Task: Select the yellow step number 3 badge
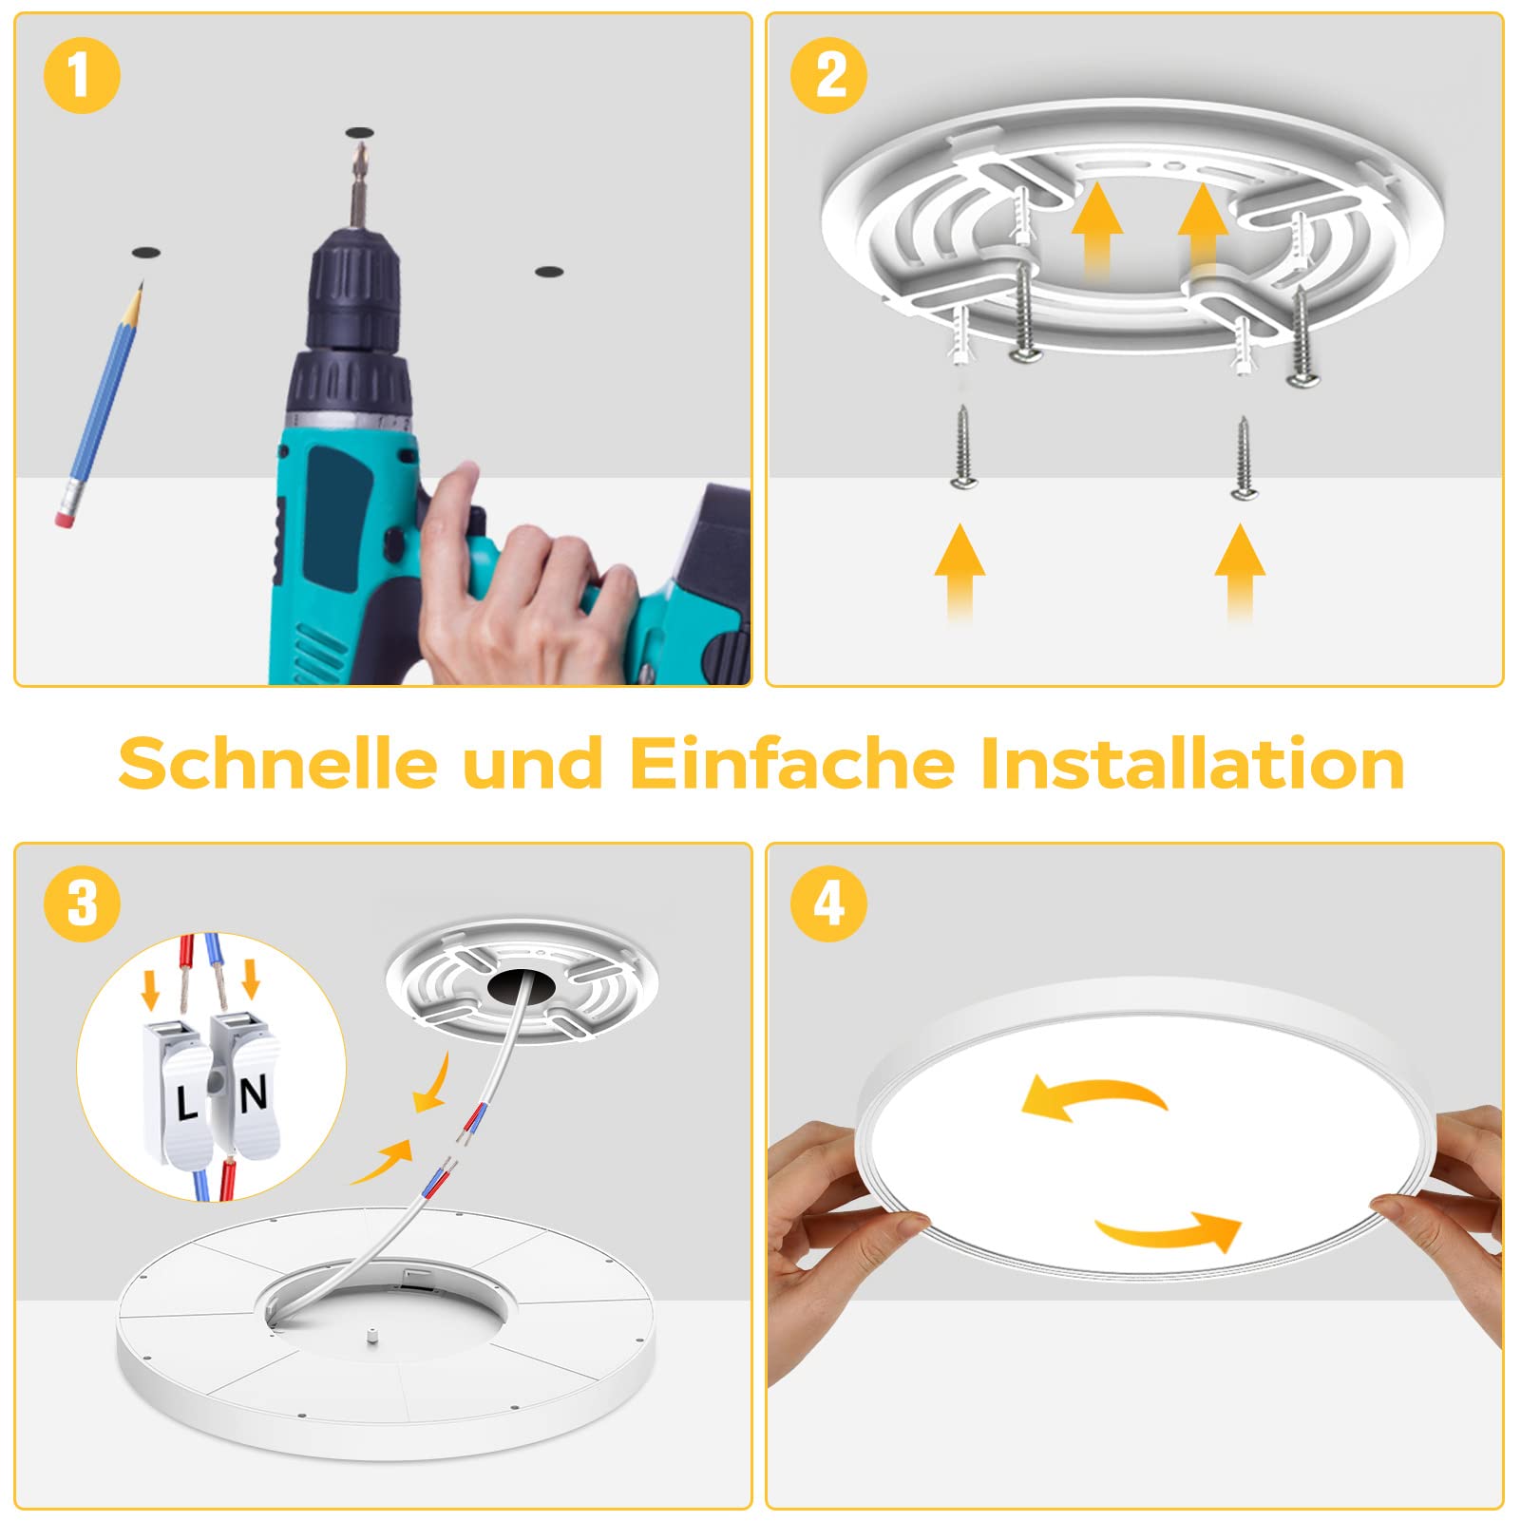click(82, 903)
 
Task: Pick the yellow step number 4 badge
click(828, 903)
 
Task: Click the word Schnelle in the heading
click(278, 762)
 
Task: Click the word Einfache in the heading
click(792, 762)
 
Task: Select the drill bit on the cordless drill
click(358, 186)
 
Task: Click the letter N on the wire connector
click(253, 1095)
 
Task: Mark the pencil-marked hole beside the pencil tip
click(145, 254)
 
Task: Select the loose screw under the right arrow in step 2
click(1243, 457)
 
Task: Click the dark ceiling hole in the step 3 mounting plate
click(522, 988)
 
